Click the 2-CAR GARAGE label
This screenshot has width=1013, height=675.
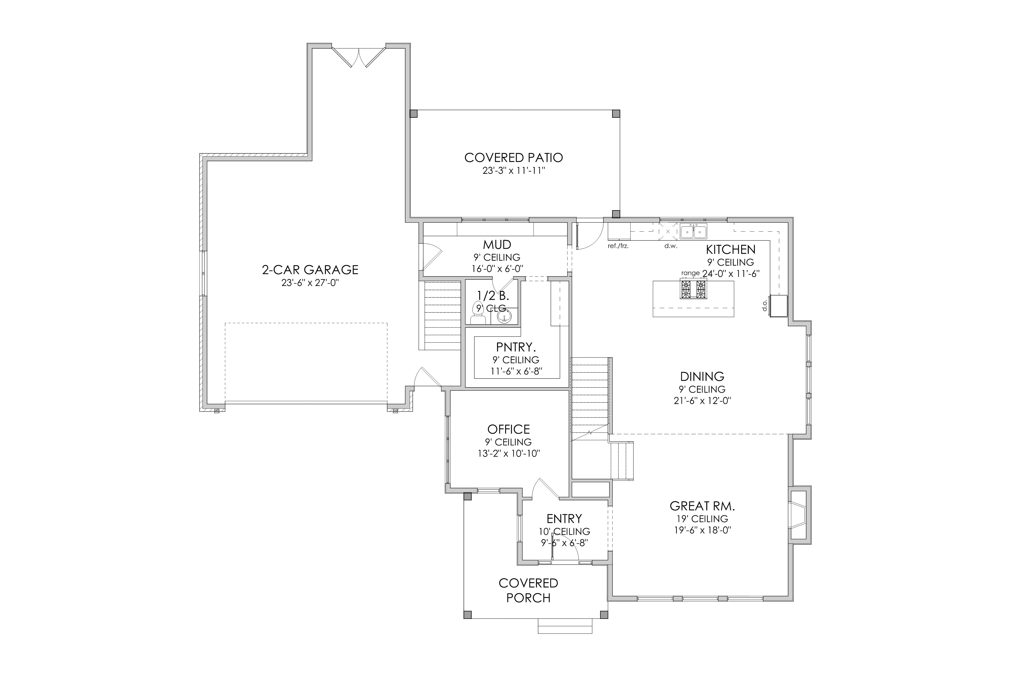tap(310, 270)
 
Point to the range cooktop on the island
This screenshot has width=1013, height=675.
tap(693, 289)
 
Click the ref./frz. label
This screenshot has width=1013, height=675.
tap(618, 247)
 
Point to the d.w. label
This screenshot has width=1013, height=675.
tap(671, 247)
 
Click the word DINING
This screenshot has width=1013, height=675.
tap(702, 377)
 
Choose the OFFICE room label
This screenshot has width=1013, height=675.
tap(509, 429)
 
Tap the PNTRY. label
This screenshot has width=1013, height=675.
tap(516, 347)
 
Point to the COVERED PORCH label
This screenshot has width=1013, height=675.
tap(529, 591)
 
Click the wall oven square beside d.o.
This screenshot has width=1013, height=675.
tap(779, 306)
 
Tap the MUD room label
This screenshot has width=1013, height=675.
tap(497, 245)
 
